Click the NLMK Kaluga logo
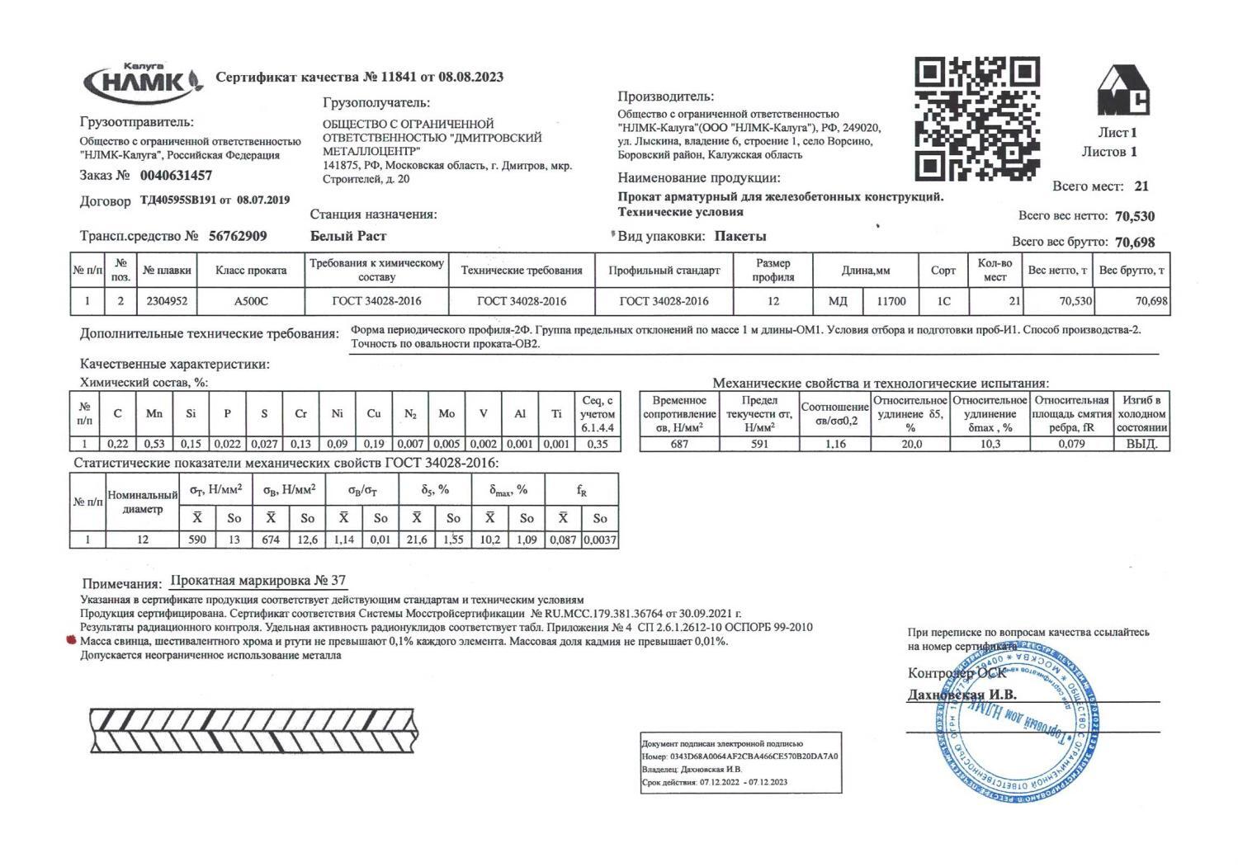(142, 82)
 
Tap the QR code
(977, 119)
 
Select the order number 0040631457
(176, 176)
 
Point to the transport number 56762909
(238, 236)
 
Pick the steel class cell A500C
(251, 301)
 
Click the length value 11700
(891, 301)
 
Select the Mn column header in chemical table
(154, 413)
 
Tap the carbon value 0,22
(118, 444)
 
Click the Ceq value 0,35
(598, 444)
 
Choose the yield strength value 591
(759, 444)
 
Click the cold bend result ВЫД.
(1141, 444)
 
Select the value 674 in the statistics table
(271, 540)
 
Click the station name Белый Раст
(347, 236)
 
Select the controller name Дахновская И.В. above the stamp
(962, 695)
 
